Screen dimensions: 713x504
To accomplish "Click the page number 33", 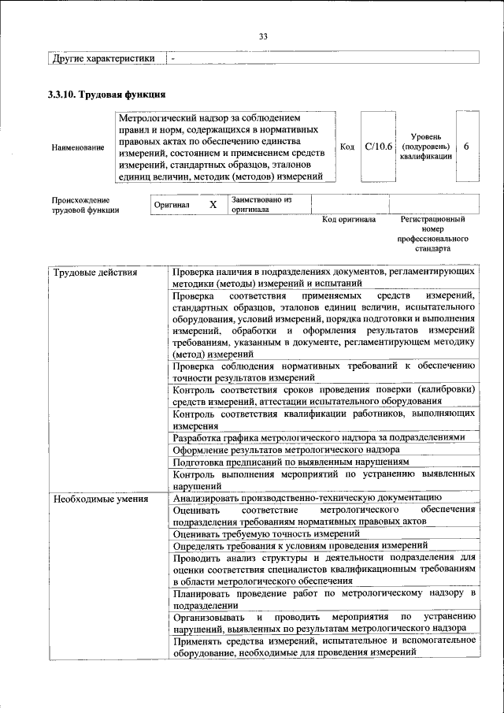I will point(263,35).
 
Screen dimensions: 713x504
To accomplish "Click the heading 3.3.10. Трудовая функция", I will point(106,95).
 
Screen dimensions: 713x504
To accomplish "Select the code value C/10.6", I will point(378,147).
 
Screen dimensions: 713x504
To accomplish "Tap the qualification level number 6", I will point(467,147).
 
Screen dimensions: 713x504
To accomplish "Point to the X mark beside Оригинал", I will point(212,205).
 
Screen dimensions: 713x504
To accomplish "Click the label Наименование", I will point(77,147).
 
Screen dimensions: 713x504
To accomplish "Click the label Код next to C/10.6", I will point(347,147).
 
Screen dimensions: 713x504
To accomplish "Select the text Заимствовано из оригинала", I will point(262,205).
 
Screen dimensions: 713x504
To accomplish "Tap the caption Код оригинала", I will point(349,220).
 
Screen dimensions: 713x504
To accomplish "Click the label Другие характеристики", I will point(103,58).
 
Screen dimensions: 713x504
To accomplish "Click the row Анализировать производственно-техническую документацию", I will point(306,498).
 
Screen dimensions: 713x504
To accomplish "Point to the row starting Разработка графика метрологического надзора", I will point(319,436).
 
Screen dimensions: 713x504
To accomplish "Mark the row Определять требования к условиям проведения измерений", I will point(300,545).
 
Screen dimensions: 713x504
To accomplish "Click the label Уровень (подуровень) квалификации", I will point(425,147).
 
